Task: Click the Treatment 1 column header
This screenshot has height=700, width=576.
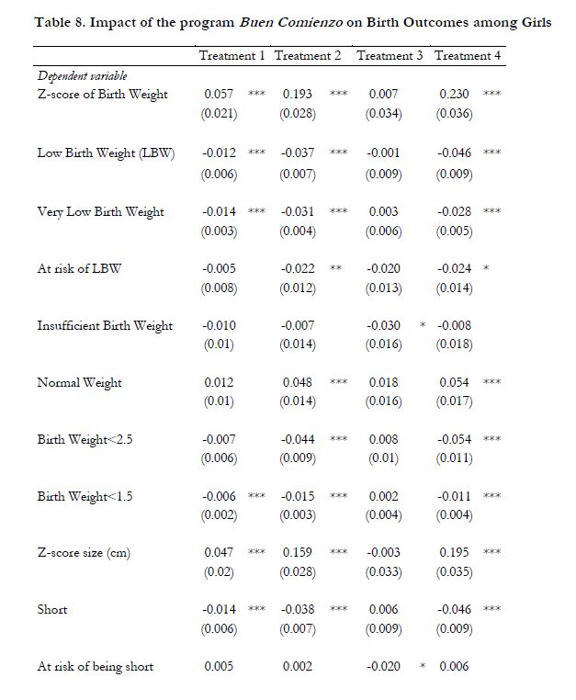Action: [x=232, y=56]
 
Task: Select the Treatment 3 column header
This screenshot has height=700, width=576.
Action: [x=390, y=56]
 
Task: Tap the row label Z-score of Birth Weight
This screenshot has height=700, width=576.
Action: [x=102, y=95]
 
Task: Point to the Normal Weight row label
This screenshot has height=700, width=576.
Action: [x=79, y=382]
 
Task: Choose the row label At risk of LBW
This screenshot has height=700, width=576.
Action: [x=79, y=268]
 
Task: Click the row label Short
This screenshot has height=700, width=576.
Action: [x=52, y=609]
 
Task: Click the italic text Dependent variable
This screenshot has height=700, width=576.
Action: [x=82, y=76]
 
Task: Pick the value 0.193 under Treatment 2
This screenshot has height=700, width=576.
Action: [x=298, y=95]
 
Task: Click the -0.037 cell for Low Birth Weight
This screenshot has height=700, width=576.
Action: [x=298, y=152]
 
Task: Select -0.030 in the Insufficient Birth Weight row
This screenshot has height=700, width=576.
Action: [x=382, y=325]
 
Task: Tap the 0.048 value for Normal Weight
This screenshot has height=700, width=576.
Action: [x=298, y=382]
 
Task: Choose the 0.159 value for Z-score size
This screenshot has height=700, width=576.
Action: [x=298, y=553]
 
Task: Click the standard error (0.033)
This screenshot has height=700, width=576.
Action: [x=383, y=571]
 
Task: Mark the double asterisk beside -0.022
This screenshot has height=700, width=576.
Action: [x=336, y=269]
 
